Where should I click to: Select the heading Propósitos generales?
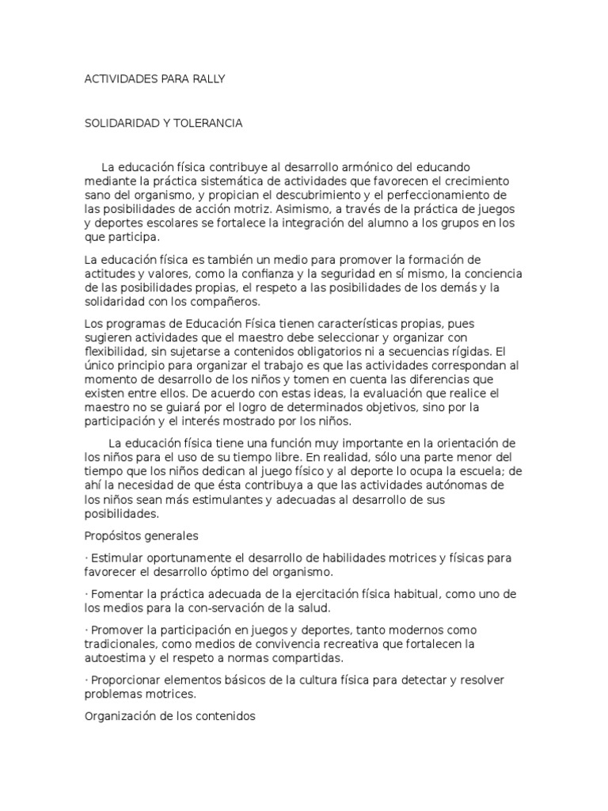(x=141, y=535)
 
